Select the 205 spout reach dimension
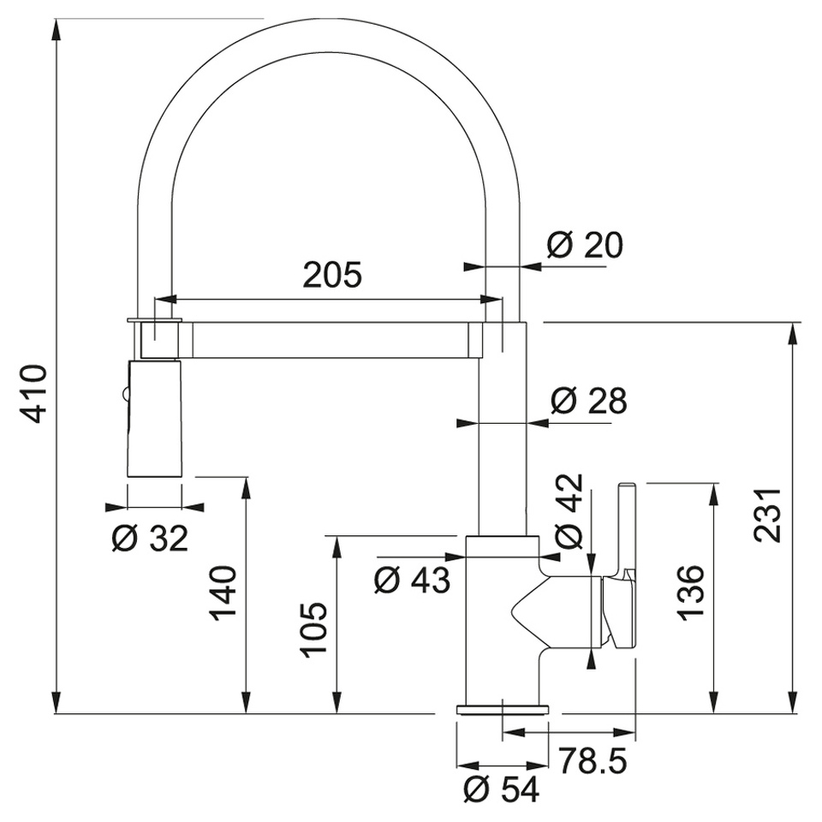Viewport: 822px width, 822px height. coord(332,275)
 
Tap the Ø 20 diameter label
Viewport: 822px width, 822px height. coord(585,247)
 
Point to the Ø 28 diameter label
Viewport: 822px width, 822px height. coord(588,400)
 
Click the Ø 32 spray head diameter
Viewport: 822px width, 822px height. coord(150,539)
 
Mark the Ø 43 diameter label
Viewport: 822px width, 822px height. coord(412,581)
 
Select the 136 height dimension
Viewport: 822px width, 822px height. coord(690,591)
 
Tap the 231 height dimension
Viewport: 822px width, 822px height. coord(768,515)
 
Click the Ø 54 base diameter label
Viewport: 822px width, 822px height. coord(501,789)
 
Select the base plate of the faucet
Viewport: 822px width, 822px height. coord(503,708)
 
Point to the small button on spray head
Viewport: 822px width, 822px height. coord(126,395)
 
